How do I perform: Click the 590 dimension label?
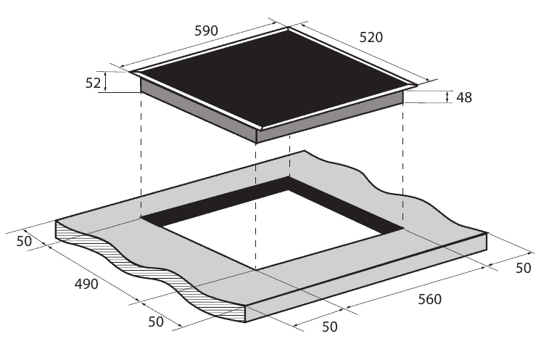click(206, 31)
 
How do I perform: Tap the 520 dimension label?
click(371, 37)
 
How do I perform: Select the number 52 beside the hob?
click(93, 83)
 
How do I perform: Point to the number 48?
click(464, 97)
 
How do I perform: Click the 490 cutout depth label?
click(86, 284)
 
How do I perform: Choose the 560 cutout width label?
click(429, 299)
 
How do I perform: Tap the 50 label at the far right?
click(524, 268)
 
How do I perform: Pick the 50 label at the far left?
click(24, 241)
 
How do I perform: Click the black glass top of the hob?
click(273, 77)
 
